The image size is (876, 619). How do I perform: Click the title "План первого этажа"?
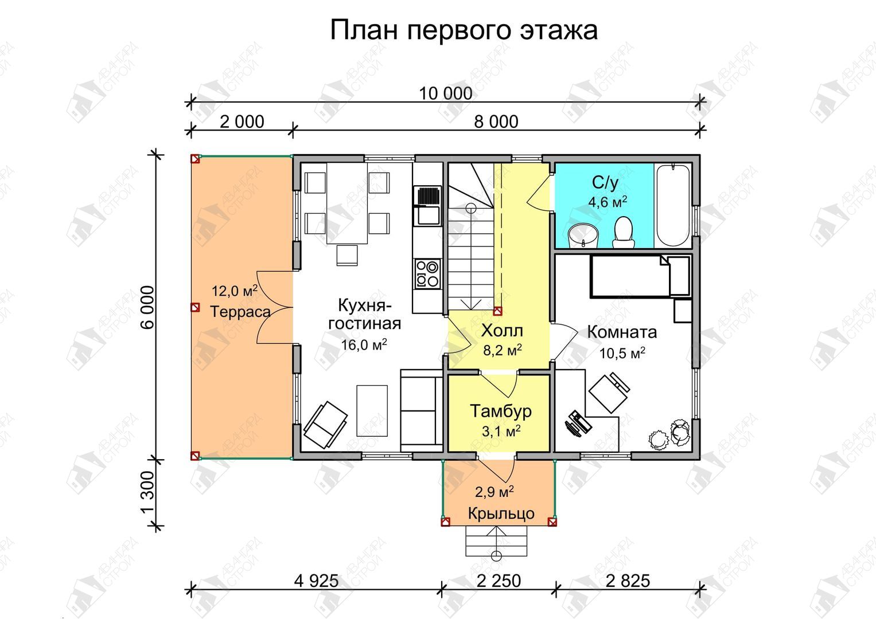point(464,30)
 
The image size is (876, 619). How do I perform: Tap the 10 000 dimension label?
point(445,94)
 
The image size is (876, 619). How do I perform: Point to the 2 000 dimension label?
point(242,122)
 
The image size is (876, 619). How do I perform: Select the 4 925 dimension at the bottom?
point(316,581)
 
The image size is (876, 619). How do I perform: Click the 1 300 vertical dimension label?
point(148,493)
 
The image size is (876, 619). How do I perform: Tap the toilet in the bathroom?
point(623,233)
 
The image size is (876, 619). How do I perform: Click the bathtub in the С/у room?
point(673,206)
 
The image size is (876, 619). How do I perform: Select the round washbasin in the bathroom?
point(583,236)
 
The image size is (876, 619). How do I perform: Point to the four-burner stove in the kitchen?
point(427,273)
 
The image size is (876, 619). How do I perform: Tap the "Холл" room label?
point(502,331)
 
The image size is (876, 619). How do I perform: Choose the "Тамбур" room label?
point(501,411)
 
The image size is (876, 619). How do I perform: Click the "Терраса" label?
point(240,311)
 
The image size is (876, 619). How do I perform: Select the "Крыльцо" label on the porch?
point(501,513)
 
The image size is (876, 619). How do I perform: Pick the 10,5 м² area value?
point(622,353)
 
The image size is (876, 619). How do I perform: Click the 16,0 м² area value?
point(364,344)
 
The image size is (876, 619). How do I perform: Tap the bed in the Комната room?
point(640,276)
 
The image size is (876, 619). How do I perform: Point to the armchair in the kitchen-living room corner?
point(325,425)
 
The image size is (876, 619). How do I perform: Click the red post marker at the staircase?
point(497,311)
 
